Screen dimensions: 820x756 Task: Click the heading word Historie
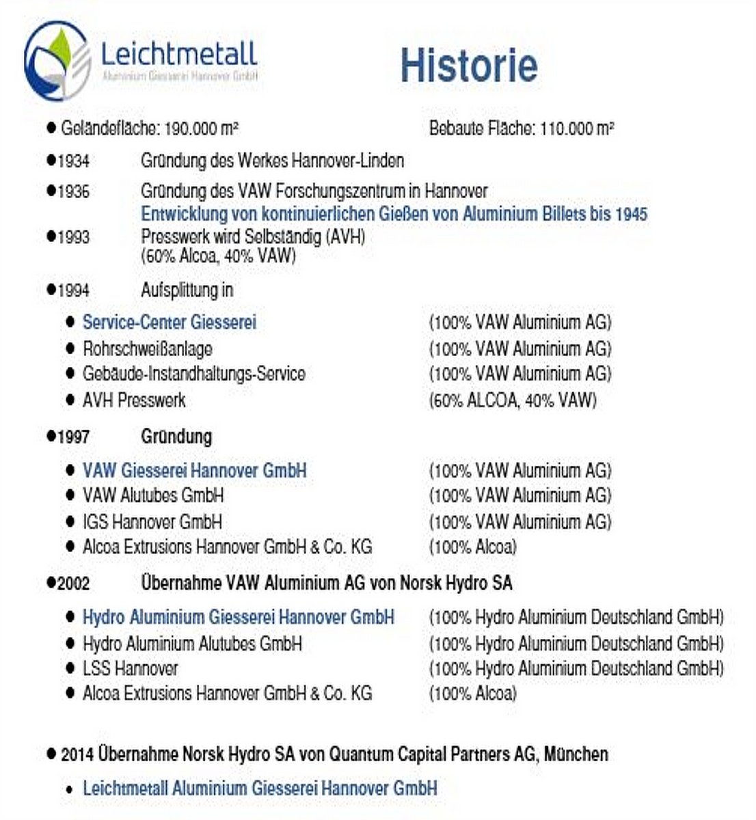click(469, 66)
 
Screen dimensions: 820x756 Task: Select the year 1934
click(73, 161)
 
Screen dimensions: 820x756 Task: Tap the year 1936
click(73, 191)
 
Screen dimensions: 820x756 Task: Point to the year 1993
click(73, 237)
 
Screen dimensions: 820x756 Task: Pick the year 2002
click(73, 584)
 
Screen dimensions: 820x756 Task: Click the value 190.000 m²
click(201, 128)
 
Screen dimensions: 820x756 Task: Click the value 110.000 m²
click(576, 128)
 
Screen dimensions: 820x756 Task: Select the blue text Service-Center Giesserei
click(170, 322)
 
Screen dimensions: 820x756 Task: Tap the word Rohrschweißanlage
click(147, 348)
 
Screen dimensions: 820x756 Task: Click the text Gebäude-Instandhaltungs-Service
click(193, 374)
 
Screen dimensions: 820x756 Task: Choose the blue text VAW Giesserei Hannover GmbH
click(194, 470)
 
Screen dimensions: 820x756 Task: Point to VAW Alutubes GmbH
click(153, 495)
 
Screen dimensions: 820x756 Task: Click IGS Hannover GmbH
click(152, 522)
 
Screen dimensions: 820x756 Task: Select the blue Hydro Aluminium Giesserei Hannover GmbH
click(238, 617)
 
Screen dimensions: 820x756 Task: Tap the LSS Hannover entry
click(130, 668)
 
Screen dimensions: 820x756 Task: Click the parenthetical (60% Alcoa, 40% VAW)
click(218, 256)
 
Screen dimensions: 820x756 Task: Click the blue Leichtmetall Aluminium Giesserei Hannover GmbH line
click(260, 788)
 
